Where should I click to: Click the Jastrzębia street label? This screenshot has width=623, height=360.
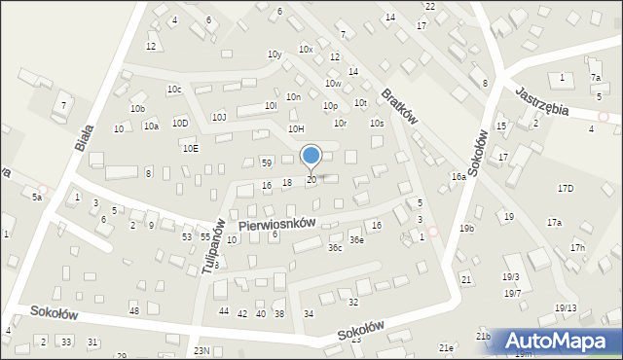tap(543, 98)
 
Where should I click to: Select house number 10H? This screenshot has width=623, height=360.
tap(296, 128)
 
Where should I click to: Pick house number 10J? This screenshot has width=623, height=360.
tap(219, 117)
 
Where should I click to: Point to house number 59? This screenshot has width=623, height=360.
tap(266, 162)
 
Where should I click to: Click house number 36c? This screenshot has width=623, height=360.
tap(334, 248)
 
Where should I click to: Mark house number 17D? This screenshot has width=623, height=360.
tap(566, 188)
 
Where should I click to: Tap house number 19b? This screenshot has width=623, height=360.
tap(467, 229)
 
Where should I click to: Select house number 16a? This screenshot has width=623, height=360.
tap(458, 177)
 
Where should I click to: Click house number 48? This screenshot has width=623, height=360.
tap(134, 310)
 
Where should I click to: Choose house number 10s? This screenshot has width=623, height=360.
tap(376, 124)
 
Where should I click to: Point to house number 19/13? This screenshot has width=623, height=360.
tap(566, 308)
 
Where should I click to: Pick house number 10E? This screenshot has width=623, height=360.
tap(190, 148)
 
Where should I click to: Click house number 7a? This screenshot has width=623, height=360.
tap(595, 77)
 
